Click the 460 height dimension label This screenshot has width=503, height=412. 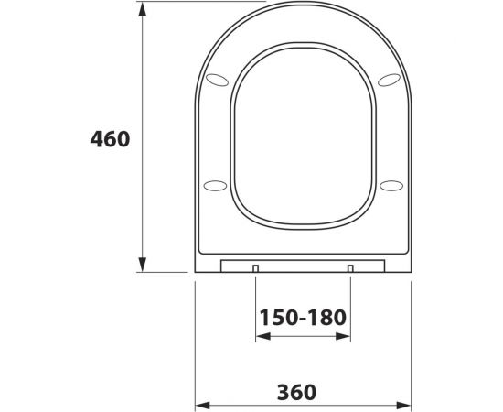[110, 139]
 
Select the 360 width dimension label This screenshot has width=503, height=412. [296, 392]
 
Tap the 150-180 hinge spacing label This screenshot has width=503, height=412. [303, 318]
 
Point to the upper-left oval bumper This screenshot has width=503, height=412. [217, 80]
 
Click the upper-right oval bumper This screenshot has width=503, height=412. [389, 80]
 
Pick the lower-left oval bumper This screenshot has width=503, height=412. [215, 186]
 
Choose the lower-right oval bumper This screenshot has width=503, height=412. [391, 186]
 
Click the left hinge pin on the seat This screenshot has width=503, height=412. [256, 268]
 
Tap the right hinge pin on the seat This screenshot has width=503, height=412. [350, 268]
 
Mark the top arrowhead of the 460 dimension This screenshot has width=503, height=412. [142, 9]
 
